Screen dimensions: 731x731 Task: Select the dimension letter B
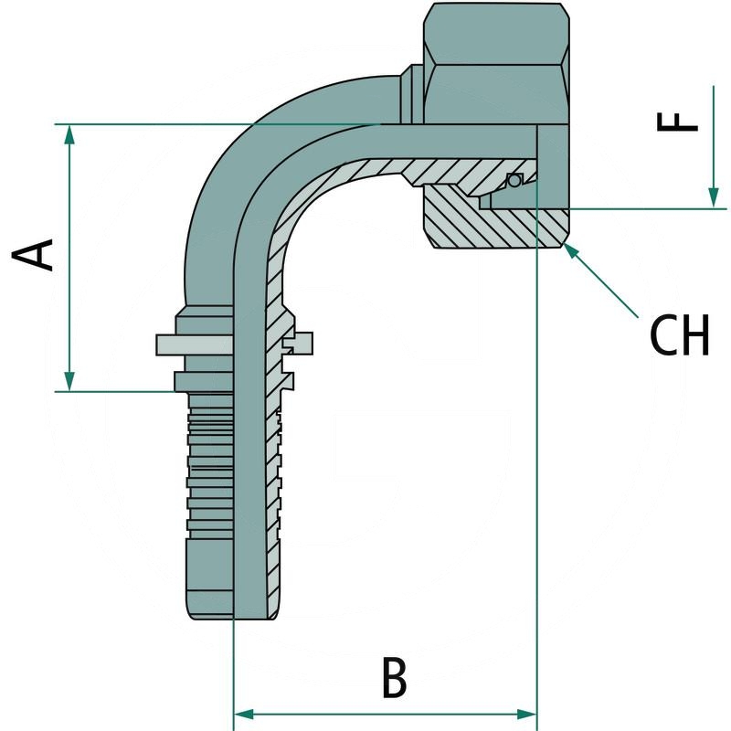pos(394,678)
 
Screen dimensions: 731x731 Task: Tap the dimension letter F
pos(678,112)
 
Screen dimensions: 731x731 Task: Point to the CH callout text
pos(679,335)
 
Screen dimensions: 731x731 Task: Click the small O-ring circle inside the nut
pos(514,180)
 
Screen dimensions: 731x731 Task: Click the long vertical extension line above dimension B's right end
pos(537,457)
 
